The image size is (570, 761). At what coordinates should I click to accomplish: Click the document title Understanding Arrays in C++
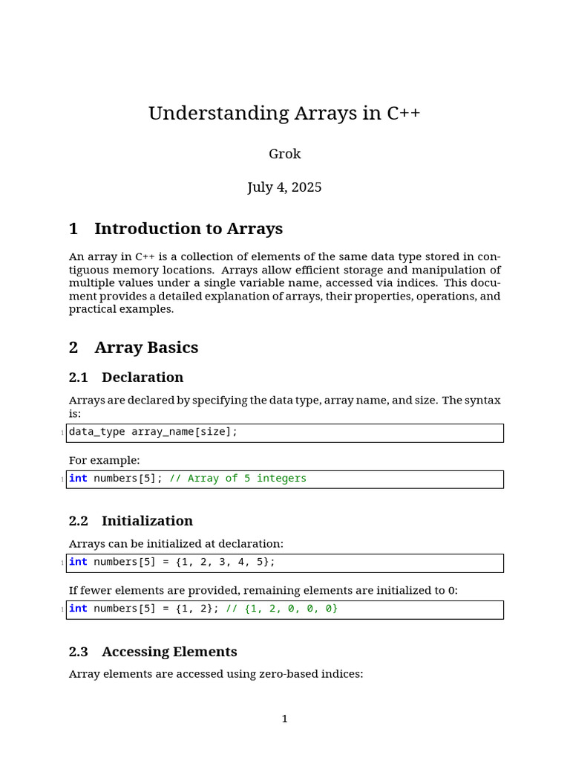click(x=284, y=114)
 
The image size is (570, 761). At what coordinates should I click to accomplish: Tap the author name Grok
click(x=284, y=155)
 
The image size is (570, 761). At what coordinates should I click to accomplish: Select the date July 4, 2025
click(x=284, y=187)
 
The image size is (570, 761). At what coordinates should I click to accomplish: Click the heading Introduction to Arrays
click(x=189, y=229)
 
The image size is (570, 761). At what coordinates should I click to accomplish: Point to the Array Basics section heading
click(x=146, y=348)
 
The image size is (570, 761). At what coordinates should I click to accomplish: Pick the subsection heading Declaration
click(x=142, y=378)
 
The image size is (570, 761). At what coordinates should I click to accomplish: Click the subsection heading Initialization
click(x=147, y=521)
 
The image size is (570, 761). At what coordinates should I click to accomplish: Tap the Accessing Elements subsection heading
click(x=169, y=652)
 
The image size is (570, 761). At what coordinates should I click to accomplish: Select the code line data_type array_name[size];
click(x=154, y=432)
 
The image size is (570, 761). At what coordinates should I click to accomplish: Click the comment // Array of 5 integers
click(x=237, y=479)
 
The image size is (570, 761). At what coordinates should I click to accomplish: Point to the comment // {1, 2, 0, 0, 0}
click(x=281, y=609)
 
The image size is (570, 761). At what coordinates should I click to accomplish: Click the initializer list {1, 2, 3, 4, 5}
click(x=225, y=562)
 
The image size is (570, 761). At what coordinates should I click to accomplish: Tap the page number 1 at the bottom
click(x=284, y=719)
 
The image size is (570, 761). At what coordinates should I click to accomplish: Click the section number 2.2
click(x=79, y=521)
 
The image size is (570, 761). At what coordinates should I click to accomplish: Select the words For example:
click(x=104, y=460)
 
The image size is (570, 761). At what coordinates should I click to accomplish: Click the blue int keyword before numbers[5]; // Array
click(x=78, y=479)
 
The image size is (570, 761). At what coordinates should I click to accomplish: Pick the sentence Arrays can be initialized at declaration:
click(x=176, y=544)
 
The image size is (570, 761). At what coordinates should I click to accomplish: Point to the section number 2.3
click(x=79, y=652)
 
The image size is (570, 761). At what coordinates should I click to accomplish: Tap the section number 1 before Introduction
click(x=73, y=229)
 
